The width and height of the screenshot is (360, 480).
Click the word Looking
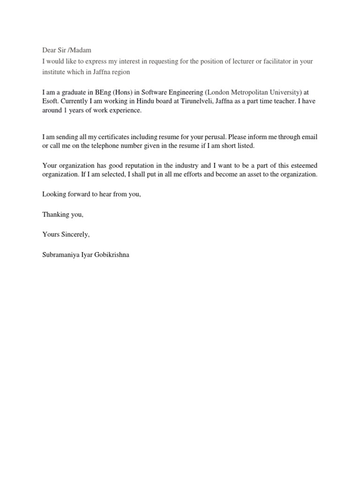54,195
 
